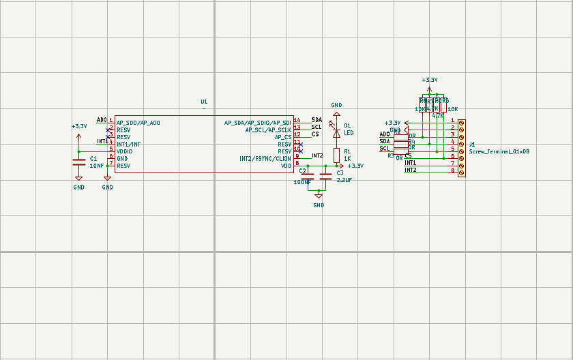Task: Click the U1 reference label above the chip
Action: (x=204, y=102)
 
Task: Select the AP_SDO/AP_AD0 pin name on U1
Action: (x=138, y=123)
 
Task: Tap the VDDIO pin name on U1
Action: (x=124, y=151)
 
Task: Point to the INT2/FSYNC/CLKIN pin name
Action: (x=265, y=159)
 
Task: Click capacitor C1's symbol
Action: (x=79, y=162)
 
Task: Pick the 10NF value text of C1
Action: (x=97, y=166)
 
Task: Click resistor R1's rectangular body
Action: (x=336, y=154)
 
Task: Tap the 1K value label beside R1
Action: (x=347, y=158)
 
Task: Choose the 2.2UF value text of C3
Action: (x=344, y=181)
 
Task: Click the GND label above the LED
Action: (x=336, y=105)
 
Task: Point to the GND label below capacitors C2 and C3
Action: (x=319, y=205)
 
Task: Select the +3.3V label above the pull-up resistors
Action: (x=430, y=80)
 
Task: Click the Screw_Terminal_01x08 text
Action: (x=499, y=151)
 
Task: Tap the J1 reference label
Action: (x=472, y=144)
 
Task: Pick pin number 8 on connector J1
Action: (x=452, y=170)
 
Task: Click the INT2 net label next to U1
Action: (x=317, y=155)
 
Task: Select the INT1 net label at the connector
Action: (x=411, y=163)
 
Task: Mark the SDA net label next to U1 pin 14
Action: (x=317, y=120)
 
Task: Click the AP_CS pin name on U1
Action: (x=282, y=137)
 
